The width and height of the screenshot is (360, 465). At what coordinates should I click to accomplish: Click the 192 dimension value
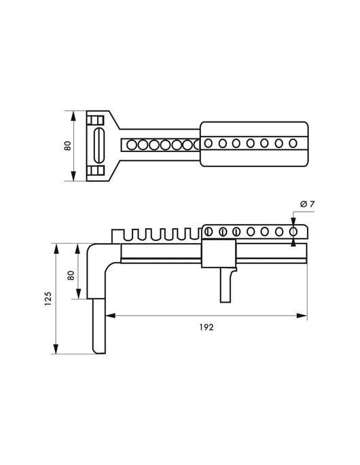point(206,327)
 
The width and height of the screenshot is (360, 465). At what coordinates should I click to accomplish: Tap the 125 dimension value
point(48,299)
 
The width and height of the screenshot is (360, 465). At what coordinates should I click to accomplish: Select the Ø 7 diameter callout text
point(307,204)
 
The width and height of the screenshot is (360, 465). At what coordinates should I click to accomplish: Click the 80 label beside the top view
point(68,145)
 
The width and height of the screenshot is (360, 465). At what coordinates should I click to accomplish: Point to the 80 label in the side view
point(71,275)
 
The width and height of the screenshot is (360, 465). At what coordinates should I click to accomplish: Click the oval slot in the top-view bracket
point(99,145)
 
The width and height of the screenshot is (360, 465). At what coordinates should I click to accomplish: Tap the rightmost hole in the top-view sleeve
point(293,143)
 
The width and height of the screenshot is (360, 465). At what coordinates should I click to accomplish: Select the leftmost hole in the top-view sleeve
point(208,143)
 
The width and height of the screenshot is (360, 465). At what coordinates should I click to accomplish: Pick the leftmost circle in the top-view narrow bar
point(132,145)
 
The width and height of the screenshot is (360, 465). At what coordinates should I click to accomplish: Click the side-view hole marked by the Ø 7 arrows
point(293,231)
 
